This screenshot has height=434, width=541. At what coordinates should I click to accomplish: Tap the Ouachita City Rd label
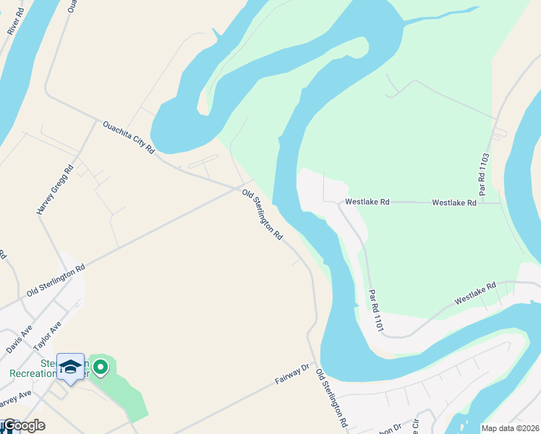pos(129,137)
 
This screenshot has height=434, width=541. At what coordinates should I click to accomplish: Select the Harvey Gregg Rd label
pos(56,190)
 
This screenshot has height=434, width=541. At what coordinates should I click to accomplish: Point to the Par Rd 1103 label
pos(485,174)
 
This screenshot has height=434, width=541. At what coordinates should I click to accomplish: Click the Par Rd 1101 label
pos(375,312)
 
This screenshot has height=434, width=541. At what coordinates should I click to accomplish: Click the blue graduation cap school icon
pos(71,367)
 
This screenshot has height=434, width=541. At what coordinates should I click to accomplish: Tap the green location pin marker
pos(101,367)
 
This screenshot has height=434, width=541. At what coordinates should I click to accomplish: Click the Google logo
pos(23,425)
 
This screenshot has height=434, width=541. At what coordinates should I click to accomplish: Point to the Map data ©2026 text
pos(509,428)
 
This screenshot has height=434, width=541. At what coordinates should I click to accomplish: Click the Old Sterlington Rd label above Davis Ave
pos(56,279)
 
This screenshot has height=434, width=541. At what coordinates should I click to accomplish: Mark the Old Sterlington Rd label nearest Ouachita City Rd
pos(262,215)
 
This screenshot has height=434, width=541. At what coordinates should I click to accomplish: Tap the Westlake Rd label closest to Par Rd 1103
pos(454,203)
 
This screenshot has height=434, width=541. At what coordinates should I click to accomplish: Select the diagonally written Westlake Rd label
pos(475,292)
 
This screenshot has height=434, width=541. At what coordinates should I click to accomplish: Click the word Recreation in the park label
pos(33,374)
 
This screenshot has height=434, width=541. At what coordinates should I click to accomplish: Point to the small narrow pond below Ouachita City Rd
pos(203,162)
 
